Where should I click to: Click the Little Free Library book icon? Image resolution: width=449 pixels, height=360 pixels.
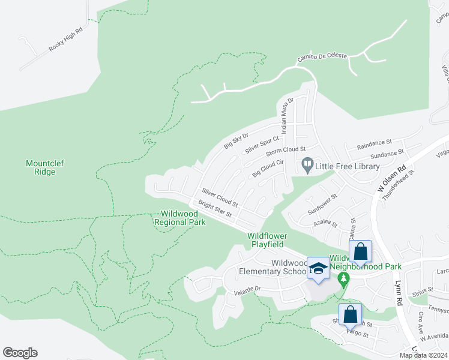point(307,164)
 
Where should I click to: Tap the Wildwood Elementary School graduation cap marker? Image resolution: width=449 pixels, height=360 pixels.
point(318,269)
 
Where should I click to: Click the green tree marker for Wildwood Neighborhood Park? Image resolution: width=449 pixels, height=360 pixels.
point(343,279)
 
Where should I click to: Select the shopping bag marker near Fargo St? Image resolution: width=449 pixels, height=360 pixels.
point(350,314)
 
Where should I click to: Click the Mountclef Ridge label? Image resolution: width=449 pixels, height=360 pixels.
point(41,167)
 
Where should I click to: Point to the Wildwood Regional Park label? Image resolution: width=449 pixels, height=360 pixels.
point(180,218)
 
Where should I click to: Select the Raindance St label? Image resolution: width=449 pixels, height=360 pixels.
point(374,145)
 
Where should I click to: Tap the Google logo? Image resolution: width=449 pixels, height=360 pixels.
point(20,353)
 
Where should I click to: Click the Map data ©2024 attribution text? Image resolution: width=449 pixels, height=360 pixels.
point(423,355)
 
